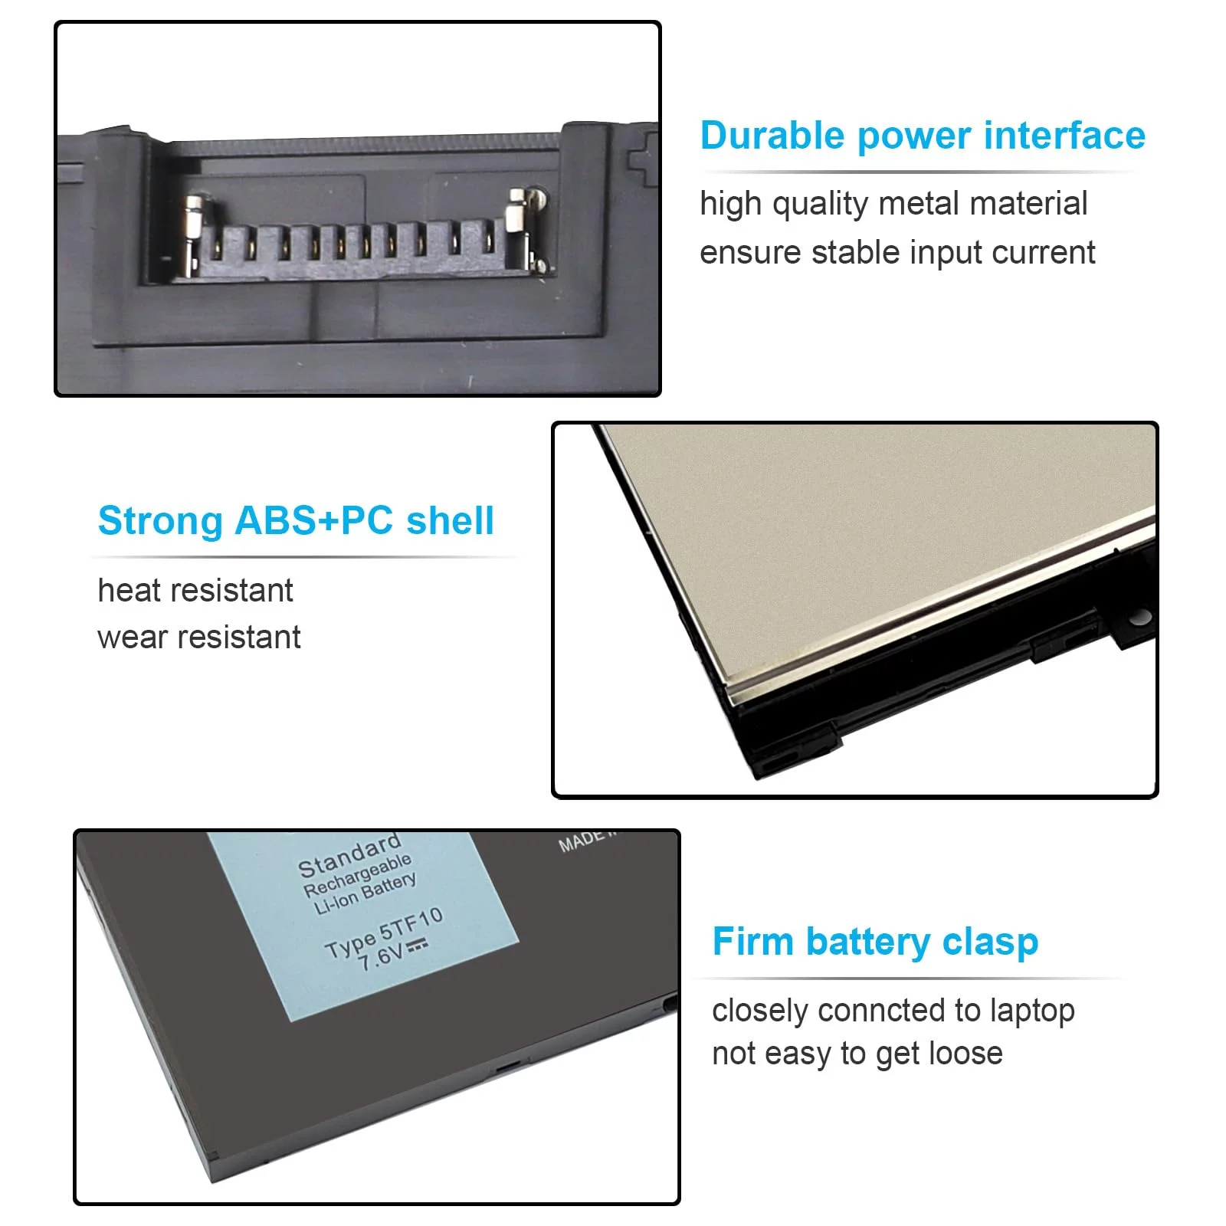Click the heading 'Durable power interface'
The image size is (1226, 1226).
point(923,136)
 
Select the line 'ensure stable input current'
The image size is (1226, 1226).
point(897,253)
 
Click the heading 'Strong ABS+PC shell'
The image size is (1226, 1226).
point(296,521)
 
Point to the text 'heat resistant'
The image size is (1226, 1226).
point(195,591)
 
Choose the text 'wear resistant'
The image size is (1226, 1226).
point(199,638)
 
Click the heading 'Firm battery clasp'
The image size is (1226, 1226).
point(875,942)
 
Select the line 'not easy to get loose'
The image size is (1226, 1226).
point(857,1054)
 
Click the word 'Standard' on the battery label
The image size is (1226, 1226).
point(350,856)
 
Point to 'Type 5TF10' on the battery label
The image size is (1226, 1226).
point(384,933)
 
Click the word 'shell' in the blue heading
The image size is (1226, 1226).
point(451,520)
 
